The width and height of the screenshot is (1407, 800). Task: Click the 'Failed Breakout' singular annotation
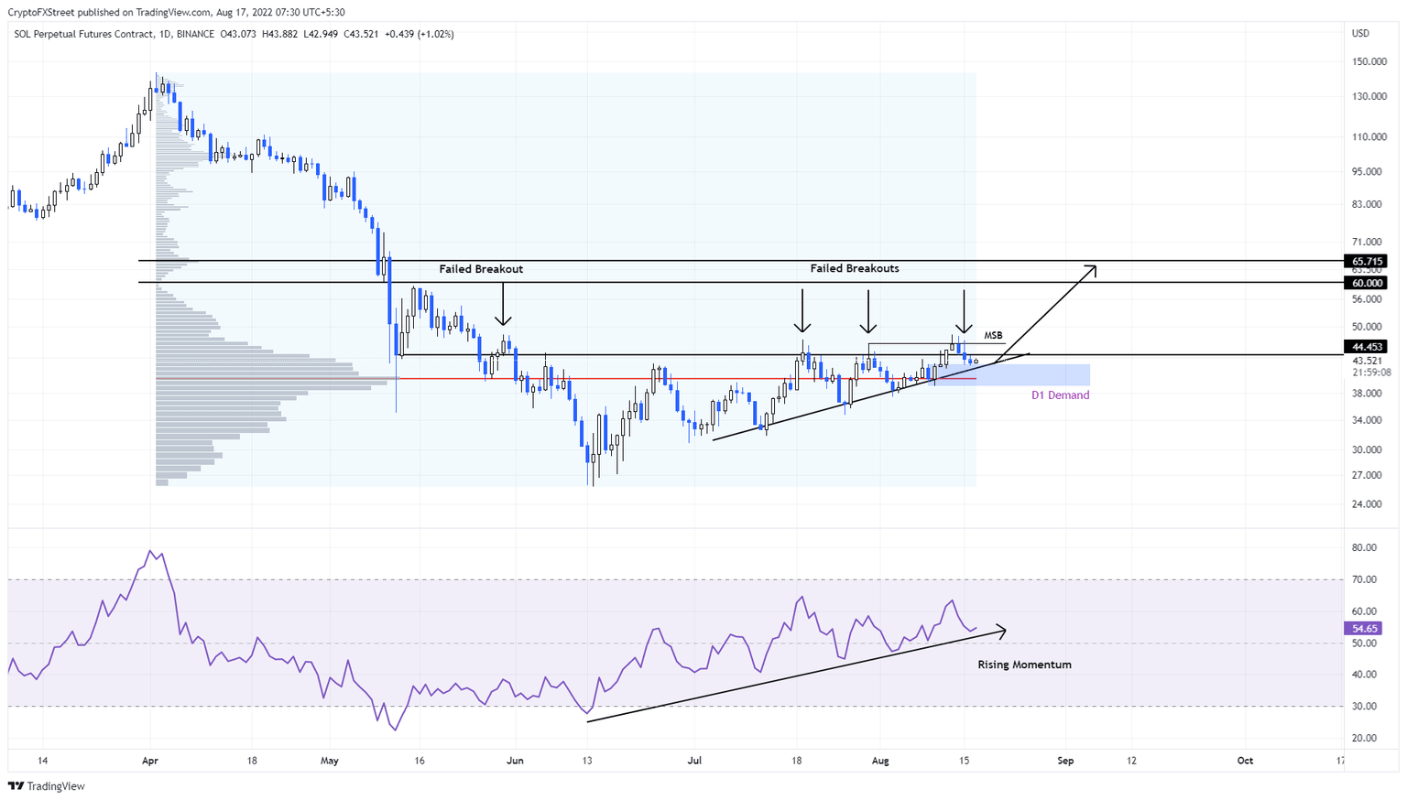coord(481,269)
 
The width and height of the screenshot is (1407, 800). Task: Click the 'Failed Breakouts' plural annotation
coord(854,268)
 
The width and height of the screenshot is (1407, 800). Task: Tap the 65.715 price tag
coord(1364,262)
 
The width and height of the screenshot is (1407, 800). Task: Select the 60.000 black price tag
coord(1364,284)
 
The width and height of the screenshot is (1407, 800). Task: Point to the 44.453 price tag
coord(1364,347)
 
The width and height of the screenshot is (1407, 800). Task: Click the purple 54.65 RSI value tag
coord(1364,629)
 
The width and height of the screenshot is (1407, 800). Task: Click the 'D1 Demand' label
coord(1060,395)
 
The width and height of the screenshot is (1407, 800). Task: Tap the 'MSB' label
coord(993,336)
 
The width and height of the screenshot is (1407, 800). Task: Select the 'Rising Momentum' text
coord(1024,665)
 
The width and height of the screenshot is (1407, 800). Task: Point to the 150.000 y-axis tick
coord(1369,62)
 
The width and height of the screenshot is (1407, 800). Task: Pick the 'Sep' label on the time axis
coord(1065,761)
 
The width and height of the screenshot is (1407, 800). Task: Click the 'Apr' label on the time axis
coord(150,761)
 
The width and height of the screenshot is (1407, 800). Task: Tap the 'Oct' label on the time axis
coord(1245,761)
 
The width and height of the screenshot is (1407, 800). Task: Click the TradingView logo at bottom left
coord(47,786)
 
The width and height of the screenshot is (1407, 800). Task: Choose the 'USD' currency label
coord(1360,34)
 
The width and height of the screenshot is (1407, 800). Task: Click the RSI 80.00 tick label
coord(1364,548)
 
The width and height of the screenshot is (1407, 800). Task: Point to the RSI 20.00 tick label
coord(1364,738)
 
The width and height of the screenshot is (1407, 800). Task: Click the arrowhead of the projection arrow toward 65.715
coord(1092,268)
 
